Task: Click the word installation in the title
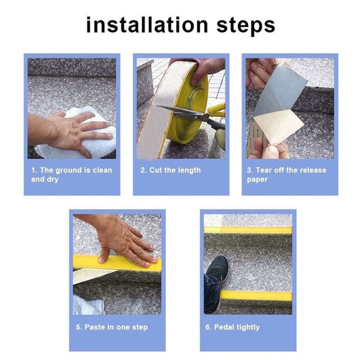(x=147, y=25)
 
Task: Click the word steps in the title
(x=246, y=26)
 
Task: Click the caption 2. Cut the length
(x=171, y=170)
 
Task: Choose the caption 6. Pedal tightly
(x=233, y=327)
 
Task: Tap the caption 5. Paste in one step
(x=112, y=327)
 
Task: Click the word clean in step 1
(x=102, y=170)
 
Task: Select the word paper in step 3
(x=257, y=180)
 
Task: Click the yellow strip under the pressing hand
(x=117, y=263)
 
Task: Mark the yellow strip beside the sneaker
(x=256, y=295)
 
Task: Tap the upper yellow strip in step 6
(x=248, y=230)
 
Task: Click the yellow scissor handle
(x=217, y=110)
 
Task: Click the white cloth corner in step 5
(x=89, y=305)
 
